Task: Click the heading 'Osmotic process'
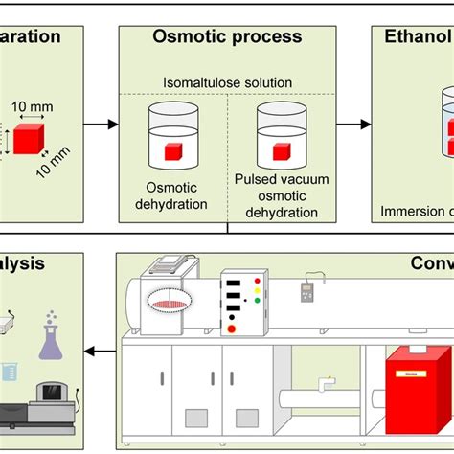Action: (227, 37)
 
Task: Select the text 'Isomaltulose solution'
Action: (227, 82)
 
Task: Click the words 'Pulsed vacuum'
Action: (280, 178)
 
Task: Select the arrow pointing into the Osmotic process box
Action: (101, 125)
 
